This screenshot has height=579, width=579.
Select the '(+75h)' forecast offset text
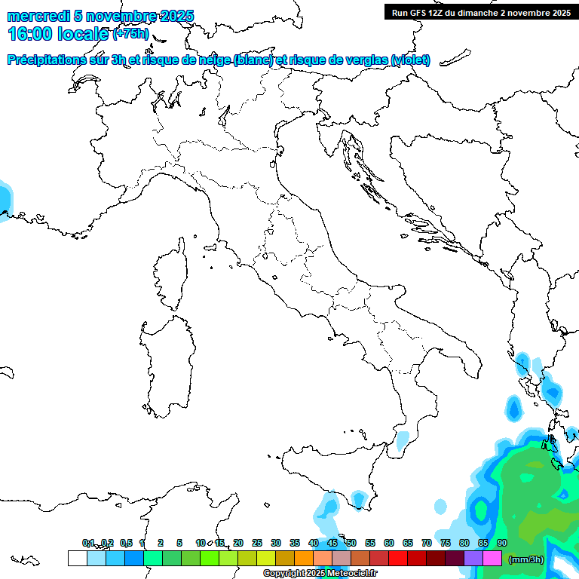tap(131, 34)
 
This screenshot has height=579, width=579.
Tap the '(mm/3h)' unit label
tap(526, 559)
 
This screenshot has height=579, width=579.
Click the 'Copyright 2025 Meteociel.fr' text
tap(320, 574)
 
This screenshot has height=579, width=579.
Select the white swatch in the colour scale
tap(77, 559)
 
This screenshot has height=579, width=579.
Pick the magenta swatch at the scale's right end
tap(492, 559)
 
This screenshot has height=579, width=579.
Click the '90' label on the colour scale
tap(502, 543)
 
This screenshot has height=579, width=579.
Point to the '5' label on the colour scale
tap(179, 543)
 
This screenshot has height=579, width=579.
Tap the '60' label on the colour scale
tap(389, 543)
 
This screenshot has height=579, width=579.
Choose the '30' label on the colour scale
tap(276, 543)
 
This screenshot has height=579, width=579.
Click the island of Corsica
tap(170, 275)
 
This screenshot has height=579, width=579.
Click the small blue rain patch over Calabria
tap(403, 439)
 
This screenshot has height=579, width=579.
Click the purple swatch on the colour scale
tap(473, 559)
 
